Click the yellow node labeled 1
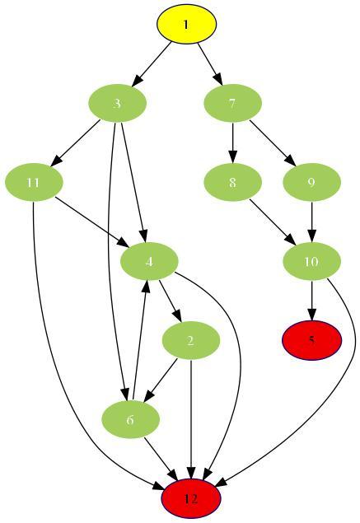187,24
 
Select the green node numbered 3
118,103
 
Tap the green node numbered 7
233,103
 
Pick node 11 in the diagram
34,183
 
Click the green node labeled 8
233,183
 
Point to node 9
312,183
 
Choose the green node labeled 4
149,261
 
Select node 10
312,261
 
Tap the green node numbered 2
191,340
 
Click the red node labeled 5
312,340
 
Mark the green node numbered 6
130,419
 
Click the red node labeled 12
191,498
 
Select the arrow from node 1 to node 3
152,64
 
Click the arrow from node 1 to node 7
210,63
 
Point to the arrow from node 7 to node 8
233,142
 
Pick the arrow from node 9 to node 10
312,222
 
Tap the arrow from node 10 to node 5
312,301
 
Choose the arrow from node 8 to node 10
273,222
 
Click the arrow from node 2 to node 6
160,381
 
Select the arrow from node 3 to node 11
75,142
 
